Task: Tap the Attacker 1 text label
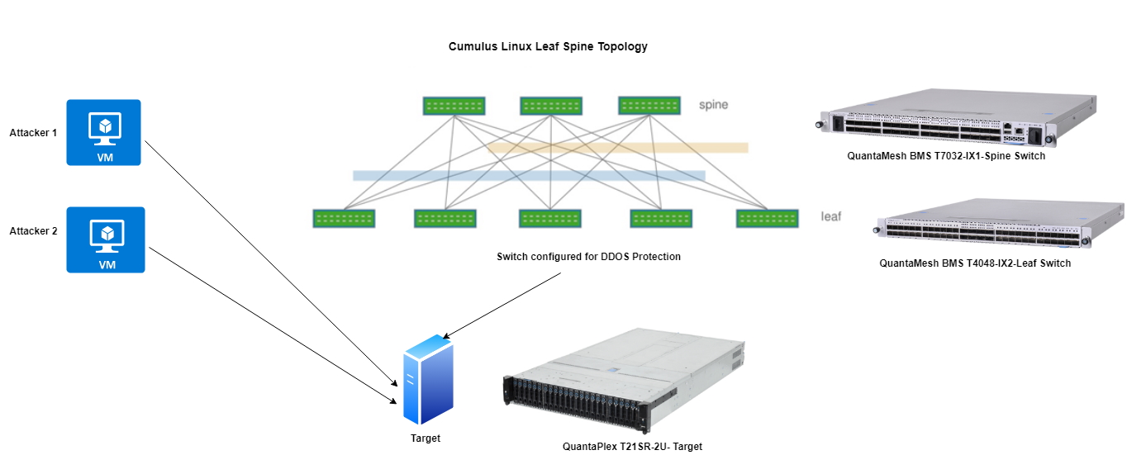[x=33, y=133]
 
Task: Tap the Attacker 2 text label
[x=33, y=231]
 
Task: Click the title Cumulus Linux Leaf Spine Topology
[x=547, y=47]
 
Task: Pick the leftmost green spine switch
[x=454, y=106]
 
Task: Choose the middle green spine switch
[x=551, y=106]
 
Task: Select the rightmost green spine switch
[x=650, y=106]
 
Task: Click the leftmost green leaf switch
[x=344, y=219]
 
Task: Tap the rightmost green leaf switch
[x=768, y=219]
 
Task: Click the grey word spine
[x=713, y=105]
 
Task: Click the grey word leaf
[x=830, y=216]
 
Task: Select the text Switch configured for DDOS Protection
[x=588, y=257]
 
